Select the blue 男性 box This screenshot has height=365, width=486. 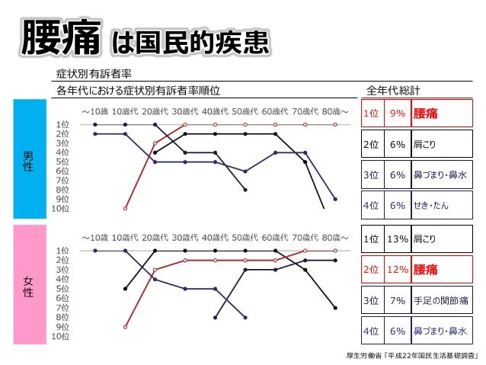point(27,161)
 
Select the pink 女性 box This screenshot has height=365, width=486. point(27,286)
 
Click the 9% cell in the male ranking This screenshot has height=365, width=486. point(397,113)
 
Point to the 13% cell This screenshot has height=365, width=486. point(397,239)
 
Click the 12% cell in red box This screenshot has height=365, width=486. point(397,270)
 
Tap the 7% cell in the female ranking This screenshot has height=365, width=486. point(397,300)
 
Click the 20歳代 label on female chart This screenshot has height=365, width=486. point(155,237)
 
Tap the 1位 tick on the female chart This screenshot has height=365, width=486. point(64,250)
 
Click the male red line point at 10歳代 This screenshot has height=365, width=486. point(125,207)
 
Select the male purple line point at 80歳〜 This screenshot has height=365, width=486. point(335,198)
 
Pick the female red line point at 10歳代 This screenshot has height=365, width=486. point(125,326)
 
